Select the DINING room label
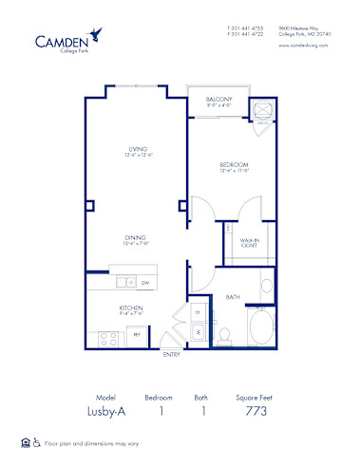tap(134, 238)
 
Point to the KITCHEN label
tap(131, 307)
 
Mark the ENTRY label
tap(171, 354)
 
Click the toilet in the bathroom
tap(225, 335)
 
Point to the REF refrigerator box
tap(137, 334)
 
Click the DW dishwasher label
tap(144, 282)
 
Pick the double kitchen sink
tap(123, 282)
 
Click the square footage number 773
tap(256, 411)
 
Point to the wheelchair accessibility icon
tap(35, 442)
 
